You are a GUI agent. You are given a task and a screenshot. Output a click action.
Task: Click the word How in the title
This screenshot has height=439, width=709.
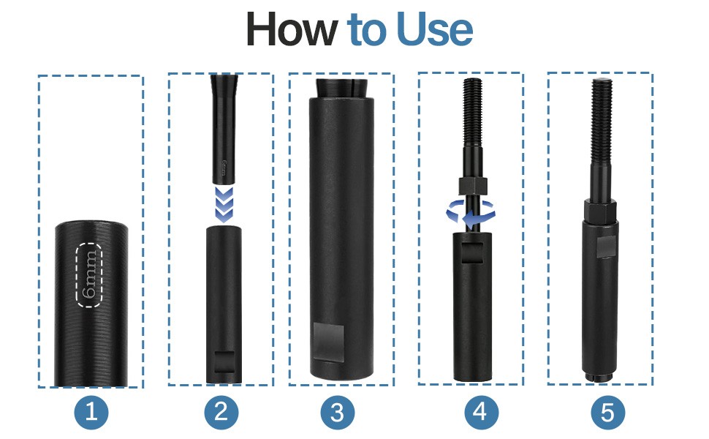tap(292, 29)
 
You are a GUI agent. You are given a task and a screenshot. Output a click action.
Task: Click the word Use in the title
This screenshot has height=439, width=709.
tap(434, 29)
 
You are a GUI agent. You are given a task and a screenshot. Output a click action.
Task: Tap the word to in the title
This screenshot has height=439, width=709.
tap(366, 30)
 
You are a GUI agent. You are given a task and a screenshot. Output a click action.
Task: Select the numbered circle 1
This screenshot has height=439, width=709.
tap(91, 413)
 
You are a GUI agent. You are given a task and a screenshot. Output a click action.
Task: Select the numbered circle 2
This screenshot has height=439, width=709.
tap(221, 413)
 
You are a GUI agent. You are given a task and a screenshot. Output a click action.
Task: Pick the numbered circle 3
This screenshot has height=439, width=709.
tap(337, 413)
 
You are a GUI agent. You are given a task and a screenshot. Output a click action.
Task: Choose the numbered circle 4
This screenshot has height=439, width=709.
tap(481, 413)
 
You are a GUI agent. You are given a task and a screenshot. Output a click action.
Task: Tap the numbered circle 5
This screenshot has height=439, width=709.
tap(608, 413)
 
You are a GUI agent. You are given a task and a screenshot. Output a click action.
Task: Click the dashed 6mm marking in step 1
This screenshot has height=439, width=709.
tap(89, 275)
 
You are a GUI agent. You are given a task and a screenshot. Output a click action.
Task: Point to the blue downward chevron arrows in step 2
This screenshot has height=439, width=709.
tap(224, 205)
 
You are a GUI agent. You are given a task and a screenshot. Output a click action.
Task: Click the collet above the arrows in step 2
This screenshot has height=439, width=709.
tap(223, 129)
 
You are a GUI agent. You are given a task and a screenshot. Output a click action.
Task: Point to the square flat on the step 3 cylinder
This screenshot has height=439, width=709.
tap(329, 336)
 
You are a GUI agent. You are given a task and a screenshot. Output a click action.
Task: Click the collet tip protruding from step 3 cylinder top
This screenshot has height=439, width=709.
tap(341, 88)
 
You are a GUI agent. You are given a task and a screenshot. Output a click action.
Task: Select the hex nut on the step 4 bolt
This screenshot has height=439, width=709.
tap(472, 186)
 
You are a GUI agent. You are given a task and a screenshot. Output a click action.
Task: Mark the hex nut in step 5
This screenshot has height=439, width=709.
tap(600, 209)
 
